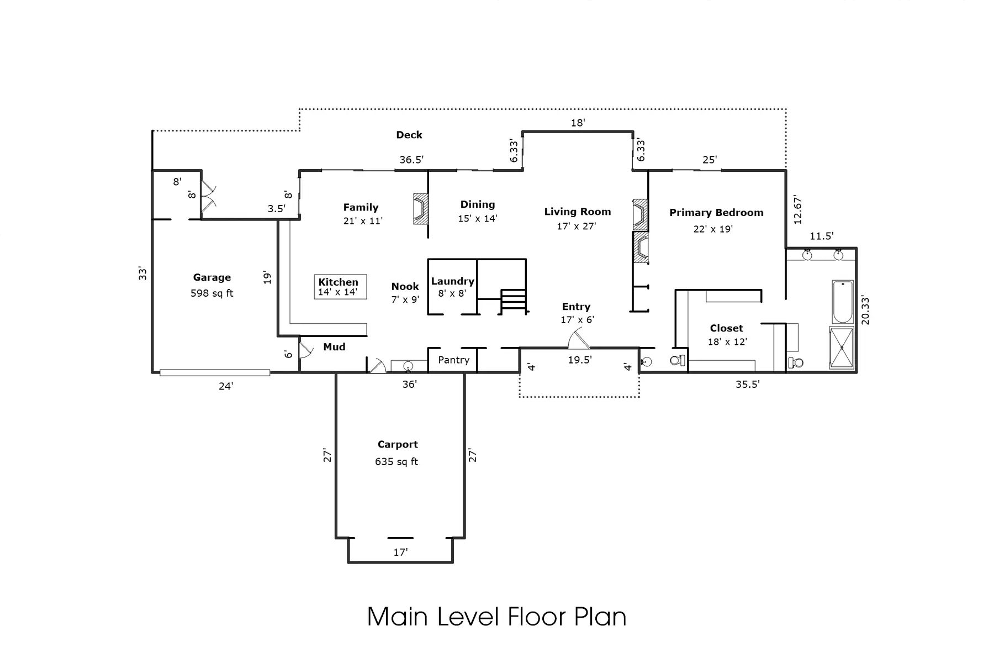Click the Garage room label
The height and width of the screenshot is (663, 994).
pos(212,278)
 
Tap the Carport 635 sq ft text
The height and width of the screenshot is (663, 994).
pos(396,461)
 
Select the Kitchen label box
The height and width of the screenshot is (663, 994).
pos(340,287)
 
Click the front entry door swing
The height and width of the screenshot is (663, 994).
pos(578,339)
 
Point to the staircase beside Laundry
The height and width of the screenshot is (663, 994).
pos(513,301)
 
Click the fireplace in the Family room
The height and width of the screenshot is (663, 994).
pos(421,208)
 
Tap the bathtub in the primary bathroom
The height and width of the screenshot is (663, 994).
pos(843,302)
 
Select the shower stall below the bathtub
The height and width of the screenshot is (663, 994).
pos(842,348)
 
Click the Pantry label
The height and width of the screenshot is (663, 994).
pos(453,360)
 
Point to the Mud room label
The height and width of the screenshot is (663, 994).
pos(334,347)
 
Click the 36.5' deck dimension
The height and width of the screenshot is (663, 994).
pos(411,160)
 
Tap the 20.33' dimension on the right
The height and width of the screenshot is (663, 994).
pos(865,311)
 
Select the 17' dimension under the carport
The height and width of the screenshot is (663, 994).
pos(400,552)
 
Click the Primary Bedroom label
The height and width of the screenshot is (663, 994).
pos(716,213)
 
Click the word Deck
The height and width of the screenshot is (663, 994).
pos(409,135)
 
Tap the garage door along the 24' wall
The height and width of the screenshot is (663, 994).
pos(215,372)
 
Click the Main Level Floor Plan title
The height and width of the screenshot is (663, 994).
pos(496,617)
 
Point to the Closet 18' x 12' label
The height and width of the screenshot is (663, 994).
pos(727,335)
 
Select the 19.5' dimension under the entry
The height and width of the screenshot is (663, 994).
pos(580,360)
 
